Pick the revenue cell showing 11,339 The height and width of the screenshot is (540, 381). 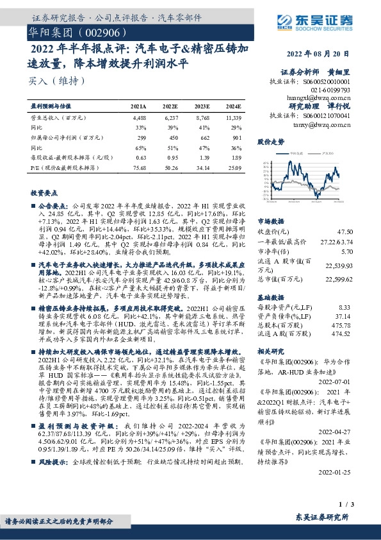pos(234,119)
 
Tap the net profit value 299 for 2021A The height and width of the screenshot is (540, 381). pos(139,137)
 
